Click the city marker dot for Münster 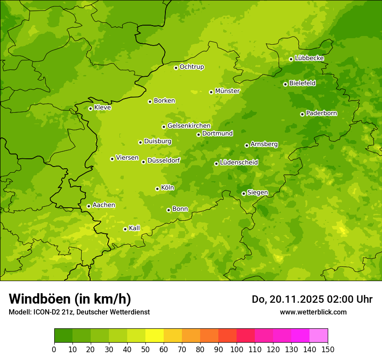(x=211, y=92)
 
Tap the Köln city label (x=167, y=188)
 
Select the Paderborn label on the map (x=321, y=113)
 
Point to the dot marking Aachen (x=89, y=206)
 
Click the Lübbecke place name (x=309, y=58)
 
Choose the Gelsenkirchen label (x=189, y=126)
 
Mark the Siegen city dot (x=244, y=193)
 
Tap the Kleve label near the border (x=102, y=108)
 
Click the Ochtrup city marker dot (x=176, y=68)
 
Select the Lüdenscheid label (x=239, y=163)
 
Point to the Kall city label (x=135, y=228)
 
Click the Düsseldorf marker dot (x=143, y=162)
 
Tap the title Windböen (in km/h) (x=70, y=299)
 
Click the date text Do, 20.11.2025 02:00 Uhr (x=312, y=299)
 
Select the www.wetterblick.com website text (x=313, y=312)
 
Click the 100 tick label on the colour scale (x=237, y=350)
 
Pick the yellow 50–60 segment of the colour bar (x=155, y=336)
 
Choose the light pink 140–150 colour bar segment (x=319, y=336)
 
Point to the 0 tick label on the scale (x=54, y=350)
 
